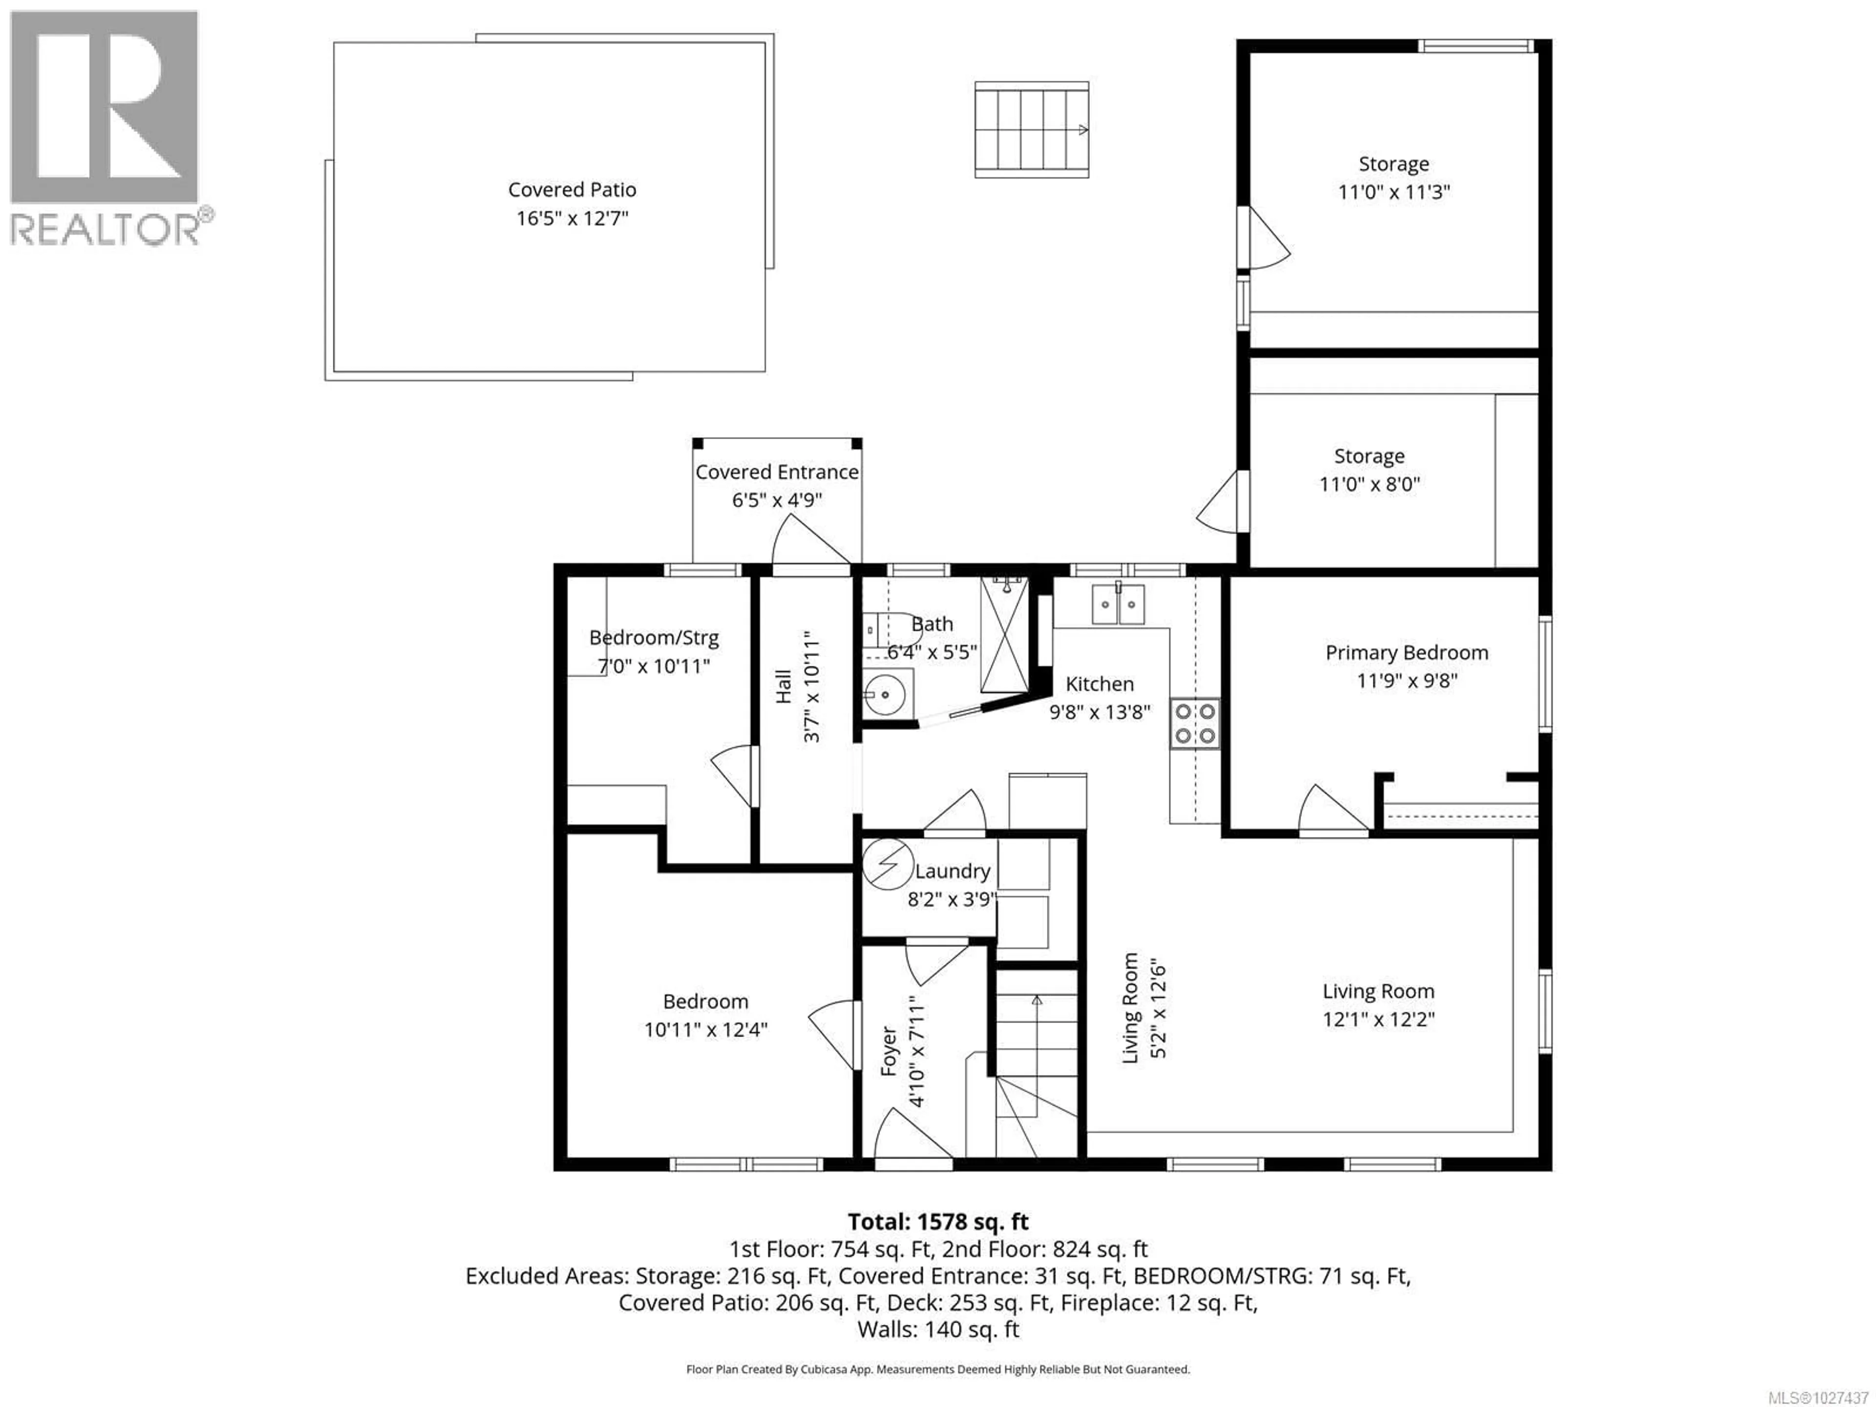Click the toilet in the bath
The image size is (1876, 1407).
(x=886, y=629)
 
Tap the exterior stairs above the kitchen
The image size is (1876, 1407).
(x=1031, y=130)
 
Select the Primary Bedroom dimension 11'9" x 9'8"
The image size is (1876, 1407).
(x=1406, y=680)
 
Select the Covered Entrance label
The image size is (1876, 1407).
(x=777, y=472)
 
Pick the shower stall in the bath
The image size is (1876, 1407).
(x=1004, y=635)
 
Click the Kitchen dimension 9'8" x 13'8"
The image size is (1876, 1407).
(x=1100, y=711)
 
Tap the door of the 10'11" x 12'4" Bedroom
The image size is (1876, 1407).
(x=833, y=1035)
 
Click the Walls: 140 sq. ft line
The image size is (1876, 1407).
(x=938, y=1329)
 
